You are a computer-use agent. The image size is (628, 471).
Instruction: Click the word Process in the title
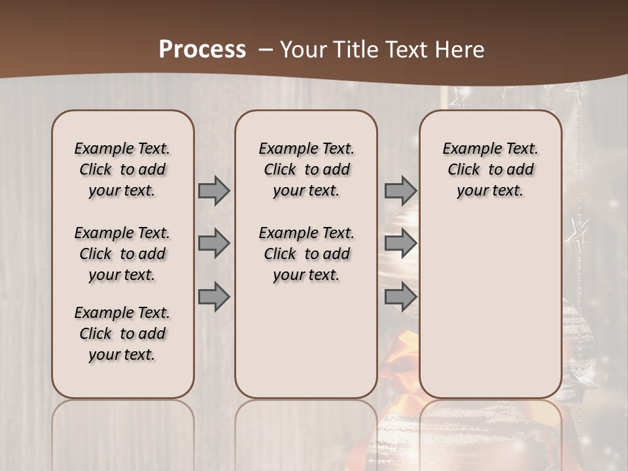202,50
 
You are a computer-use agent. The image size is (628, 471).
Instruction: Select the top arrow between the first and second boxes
214,190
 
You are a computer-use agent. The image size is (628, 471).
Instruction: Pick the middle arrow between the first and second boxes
214,244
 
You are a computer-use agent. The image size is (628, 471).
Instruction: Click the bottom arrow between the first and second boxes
214,298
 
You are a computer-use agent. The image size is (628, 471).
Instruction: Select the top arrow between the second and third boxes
400,190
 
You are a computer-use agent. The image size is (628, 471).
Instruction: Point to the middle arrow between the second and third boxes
400,244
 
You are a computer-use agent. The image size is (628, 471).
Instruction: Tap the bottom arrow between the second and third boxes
400,298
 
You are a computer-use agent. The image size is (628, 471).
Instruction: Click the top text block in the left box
122,169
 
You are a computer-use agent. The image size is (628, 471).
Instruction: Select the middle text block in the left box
122,254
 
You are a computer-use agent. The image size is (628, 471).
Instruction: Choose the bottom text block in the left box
122,334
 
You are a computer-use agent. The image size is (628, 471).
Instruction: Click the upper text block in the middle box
306,169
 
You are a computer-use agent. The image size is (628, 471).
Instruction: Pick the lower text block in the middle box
306,254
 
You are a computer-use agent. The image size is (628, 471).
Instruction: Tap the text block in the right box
491,169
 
